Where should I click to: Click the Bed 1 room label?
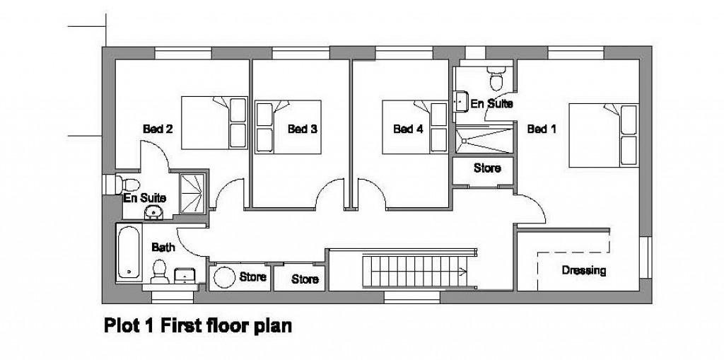coord(542,129)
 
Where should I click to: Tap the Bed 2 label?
coord(158,129)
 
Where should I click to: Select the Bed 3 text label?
coord(302,129)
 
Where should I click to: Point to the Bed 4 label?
coord(408,129)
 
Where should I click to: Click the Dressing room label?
coord(583,270)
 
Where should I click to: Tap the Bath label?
coord(163,248)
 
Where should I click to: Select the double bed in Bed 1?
coord(605,134)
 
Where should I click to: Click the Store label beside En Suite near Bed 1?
coord(486,168)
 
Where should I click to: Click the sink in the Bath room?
coord(185,274)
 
